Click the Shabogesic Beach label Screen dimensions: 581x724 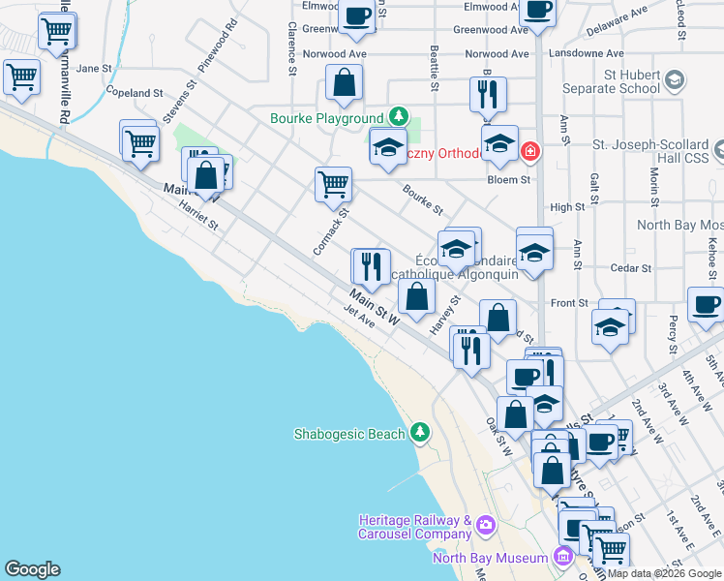click(x=349, y=434)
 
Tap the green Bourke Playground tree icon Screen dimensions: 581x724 click(x=397, y=117)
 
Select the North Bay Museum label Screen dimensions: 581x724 click(x=489, y=557)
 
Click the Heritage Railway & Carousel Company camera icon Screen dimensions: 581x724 click(x=485, y=527)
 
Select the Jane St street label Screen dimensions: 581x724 click(x=94, y=68)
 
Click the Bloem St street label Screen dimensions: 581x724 click(x=512, y=179)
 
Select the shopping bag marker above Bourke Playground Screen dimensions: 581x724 click(x=344, y=85)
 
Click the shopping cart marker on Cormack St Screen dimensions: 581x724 click(x=333, y=183)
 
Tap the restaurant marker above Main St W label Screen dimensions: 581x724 click(x=370, y=264)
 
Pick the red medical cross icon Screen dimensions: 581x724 click(x=528, y=151)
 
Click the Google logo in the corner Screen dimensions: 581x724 click(x=32, y=569)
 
